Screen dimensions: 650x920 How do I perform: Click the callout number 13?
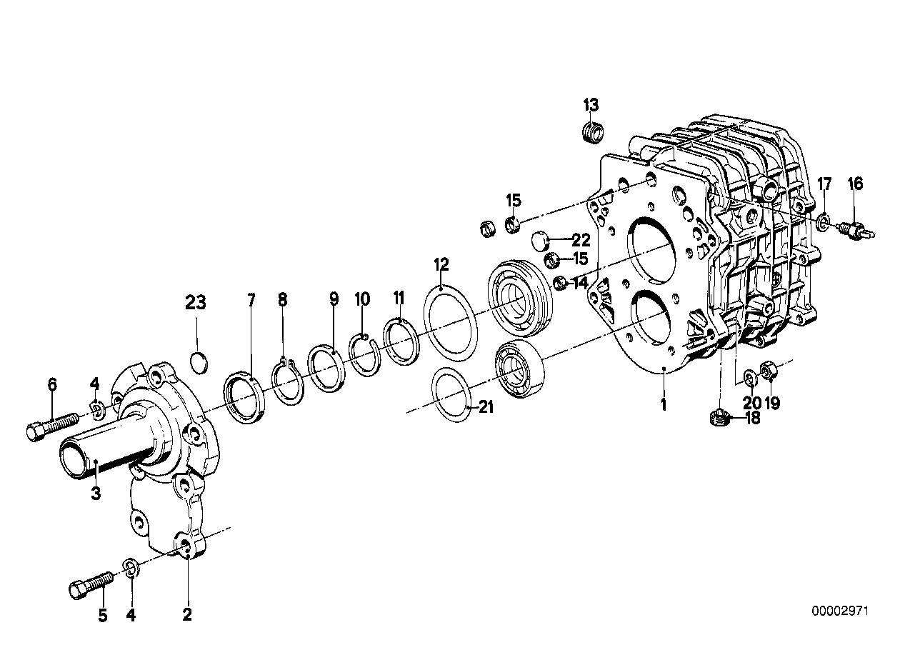pos(591,105)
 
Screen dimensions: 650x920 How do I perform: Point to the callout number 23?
pos(196,303)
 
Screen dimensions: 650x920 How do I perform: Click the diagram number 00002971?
pos(841,611)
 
